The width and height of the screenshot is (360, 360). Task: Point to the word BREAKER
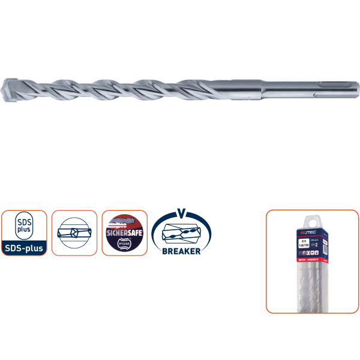click(181, 251)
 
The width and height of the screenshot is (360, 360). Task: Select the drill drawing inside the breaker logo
click(181, 233)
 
